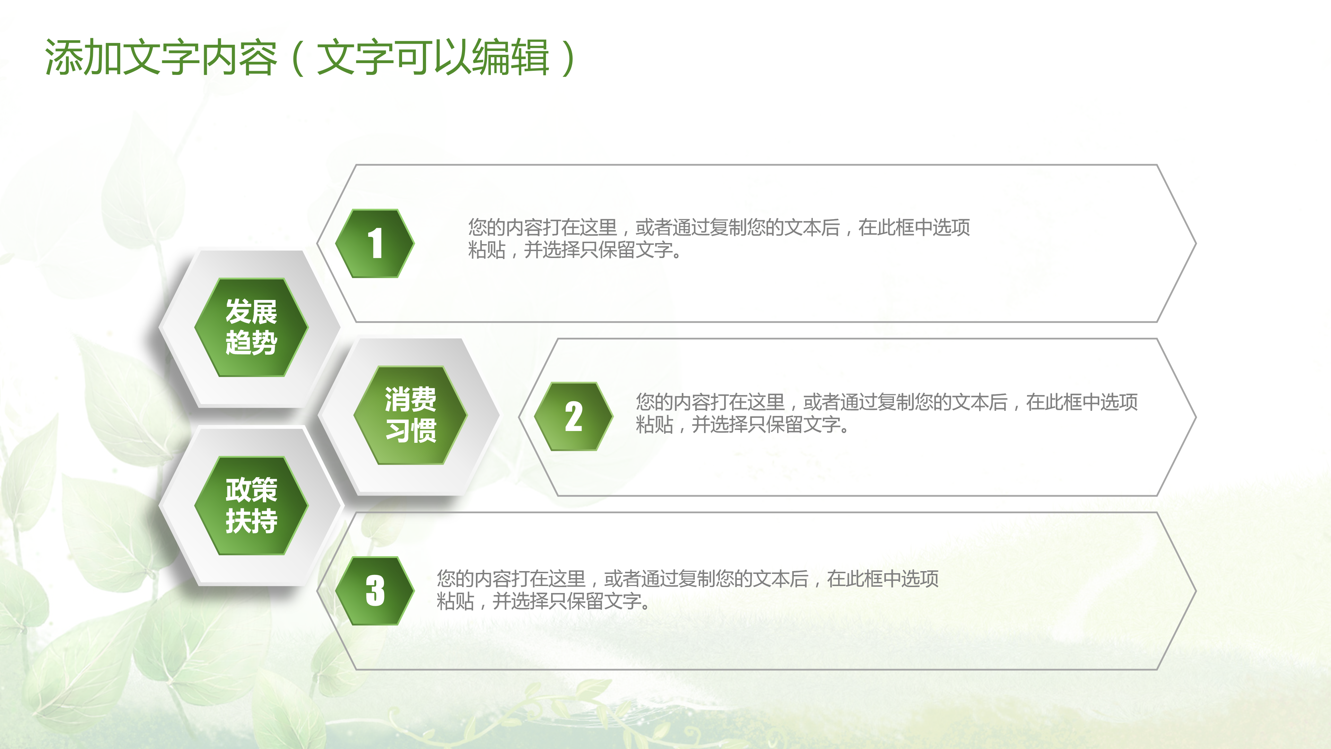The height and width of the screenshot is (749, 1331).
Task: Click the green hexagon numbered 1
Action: point(375,243)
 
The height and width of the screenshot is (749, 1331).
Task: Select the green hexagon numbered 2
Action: point(573,416)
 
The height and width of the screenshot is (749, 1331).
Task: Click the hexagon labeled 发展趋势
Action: point(251,327)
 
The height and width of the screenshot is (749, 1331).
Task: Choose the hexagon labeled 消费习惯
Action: point(410,415)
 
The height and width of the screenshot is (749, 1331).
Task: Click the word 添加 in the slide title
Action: point(83,57)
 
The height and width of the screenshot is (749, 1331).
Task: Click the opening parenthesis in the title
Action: point(298,57)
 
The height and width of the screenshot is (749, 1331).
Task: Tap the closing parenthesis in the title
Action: point(568,57)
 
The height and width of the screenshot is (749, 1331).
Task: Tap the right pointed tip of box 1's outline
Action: point(1195,243)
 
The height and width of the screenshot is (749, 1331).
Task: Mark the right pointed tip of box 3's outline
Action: point(1195,591)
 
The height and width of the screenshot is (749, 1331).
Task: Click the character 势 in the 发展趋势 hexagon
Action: point(264,343)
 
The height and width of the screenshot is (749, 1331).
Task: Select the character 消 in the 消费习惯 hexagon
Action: point(397,399)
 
